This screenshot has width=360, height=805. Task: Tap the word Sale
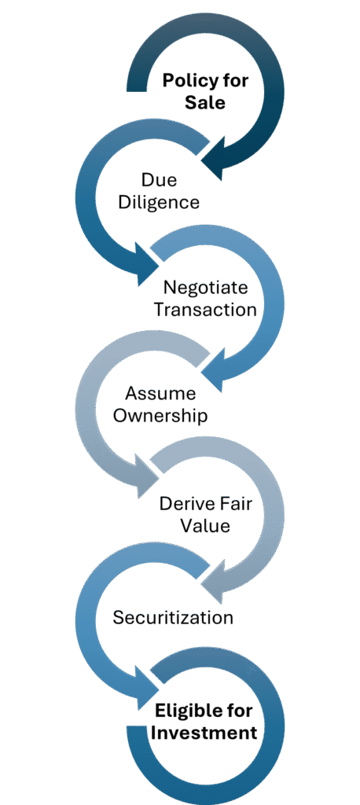[205, 102]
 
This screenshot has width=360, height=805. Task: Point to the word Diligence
[159, 202]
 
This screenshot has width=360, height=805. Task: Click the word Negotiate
[205, 288]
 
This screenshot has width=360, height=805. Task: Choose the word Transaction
[205, 310]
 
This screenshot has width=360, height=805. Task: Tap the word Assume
[160, 394]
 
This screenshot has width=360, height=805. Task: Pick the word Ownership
[160, 415]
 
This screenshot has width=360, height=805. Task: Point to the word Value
[205, 526]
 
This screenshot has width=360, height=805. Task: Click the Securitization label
[173, 616]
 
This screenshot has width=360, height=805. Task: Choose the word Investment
[204, 733]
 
